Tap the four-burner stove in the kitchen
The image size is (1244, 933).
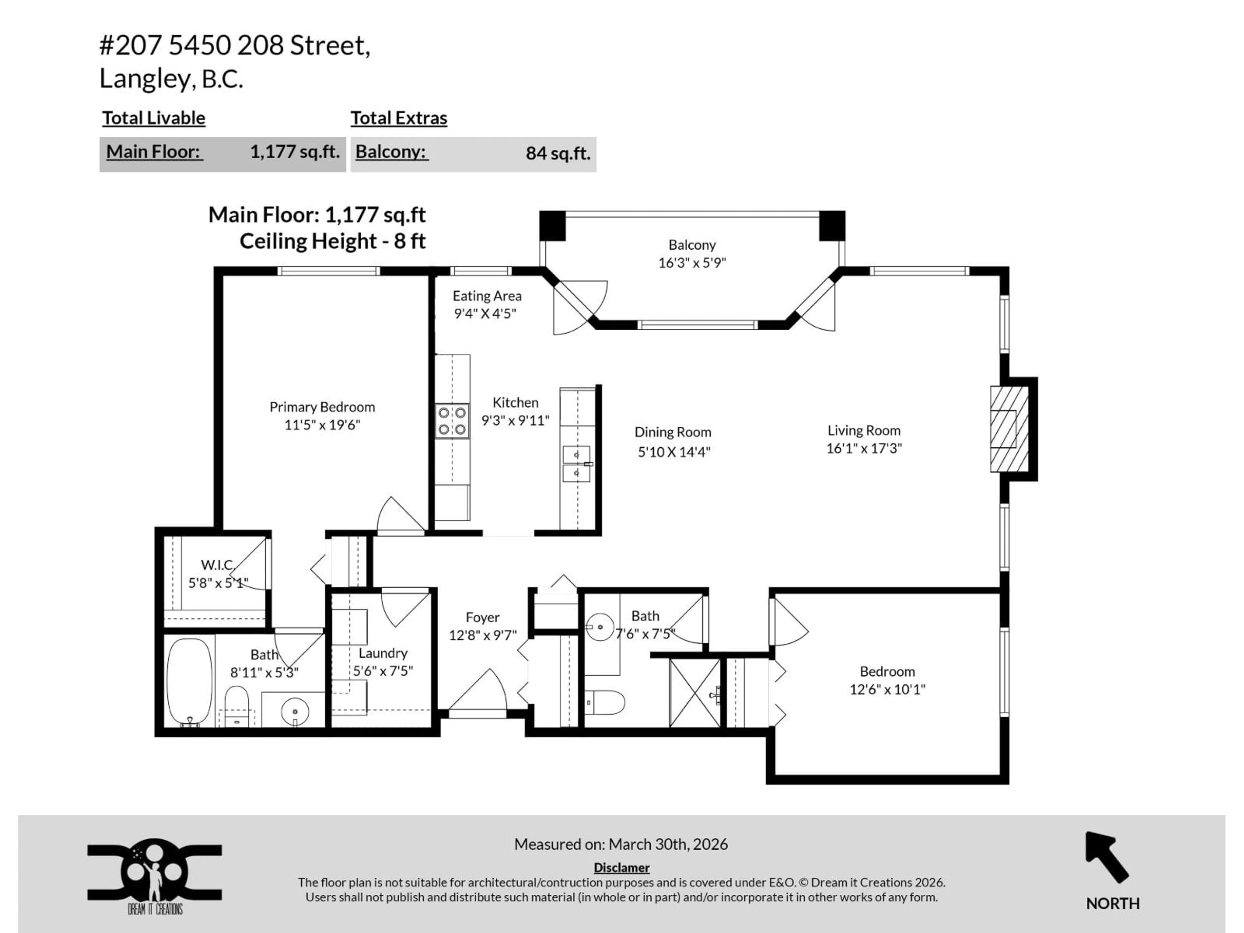(452, 421)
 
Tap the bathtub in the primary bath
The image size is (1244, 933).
(190, 682)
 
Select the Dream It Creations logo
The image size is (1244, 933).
(154, 876)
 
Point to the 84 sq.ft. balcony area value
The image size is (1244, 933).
(557, 154)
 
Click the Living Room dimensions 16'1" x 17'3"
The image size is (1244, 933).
(863, 448)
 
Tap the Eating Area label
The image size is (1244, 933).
(487, 296)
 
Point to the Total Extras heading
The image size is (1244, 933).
(399, 118)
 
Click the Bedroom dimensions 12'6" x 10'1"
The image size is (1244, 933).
(887, 689)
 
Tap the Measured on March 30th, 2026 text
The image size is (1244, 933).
(621, 844)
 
